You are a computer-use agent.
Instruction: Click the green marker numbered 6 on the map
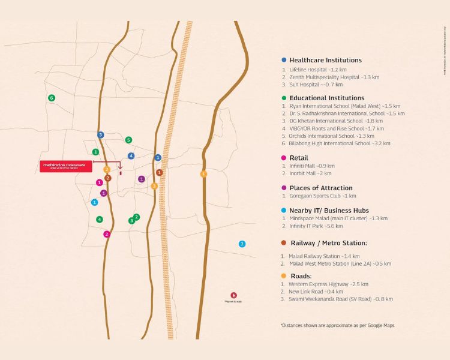pyautogui.click(x=52, y=98)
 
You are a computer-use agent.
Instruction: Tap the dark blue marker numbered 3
pyautogui.click(x=101, y=135)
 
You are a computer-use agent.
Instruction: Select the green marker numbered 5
pyautogui.click(x=128, y=140)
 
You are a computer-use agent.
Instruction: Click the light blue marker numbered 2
pyautogui.click(x=242, y=244)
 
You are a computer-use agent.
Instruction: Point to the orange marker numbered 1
pyautogui.click(x=203, y=174)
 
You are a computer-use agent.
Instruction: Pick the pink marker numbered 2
pyautogui.click(x=107, y=234)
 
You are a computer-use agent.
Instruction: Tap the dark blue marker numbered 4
pyautogui.click(x=131, y=156)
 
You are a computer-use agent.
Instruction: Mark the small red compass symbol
pyautogui.click(x=233, y=295)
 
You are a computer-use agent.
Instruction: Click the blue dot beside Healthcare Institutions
pyautogui.click(x=284, y=60)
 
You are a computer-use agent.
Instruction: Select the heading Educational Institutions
pyautogui.click(x=326, y=98)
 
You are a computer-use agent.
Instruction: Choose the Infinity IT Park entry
pyautogui.click(x=317, y=226)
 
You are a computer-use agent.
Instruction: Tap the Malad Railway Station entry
pyautogui.click(x=323, y=256)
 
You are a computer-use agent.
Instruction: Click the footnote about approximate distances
pyautogui.click(x=337, y=325)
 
